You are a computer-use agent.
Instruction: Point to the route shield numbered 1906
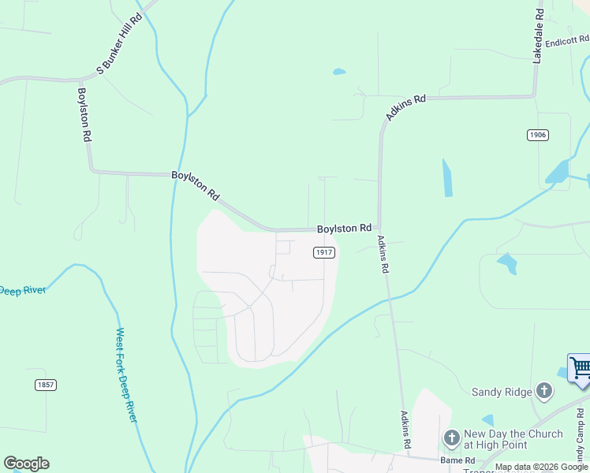(537, 135)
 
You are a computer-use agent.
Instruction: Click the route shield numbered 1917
(324, 252)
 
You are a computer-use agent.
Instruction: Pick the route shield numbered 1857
(46, 385)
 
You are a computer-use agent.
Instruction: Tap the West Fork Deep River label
(127, 374)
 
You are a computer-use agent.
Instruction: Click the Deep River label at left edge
(22, 291)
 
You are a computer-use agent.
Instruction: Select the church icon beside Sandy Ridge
(543, 390)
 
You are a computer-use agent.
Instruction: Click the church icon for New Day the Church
(452, 437)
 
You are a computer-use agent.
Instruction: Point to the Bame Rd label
(457, 460)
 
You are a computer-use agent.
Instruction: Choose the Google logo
(26, 464)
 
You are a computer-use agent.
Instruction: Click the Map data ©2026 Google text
(541, 467)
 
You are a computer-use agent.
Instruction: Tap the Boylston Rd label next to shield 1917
(344, 229)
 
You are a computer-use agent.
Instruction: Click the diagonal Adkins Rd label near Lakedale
(405, 108)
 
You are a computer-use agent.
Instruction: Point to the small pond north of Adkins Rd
(339, 72)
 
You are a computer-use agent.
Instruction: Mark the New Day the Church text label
(513, 439)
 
